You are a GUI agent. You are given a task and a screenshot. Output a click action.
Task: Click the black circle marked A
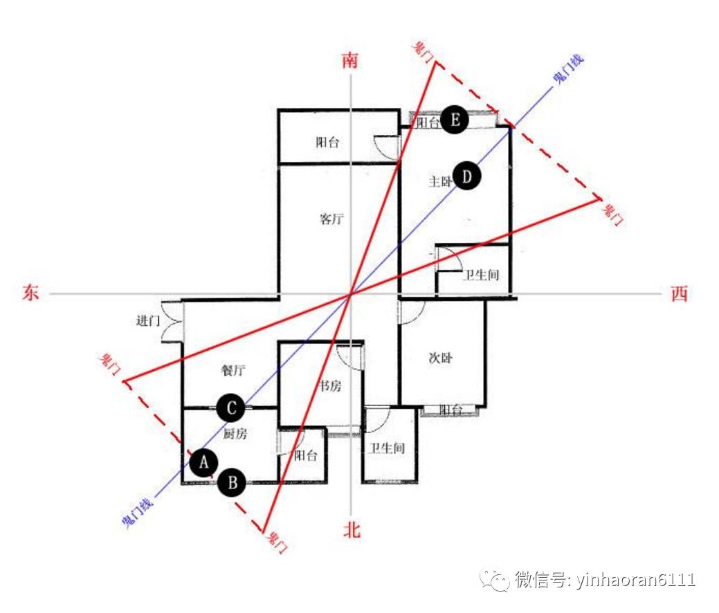coord(203,462)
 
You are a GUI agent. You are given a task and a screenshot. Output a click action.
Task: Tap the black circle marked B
coord(232,482)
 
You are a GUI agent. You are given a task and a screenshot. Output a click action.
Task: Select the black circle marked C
coord(230,408)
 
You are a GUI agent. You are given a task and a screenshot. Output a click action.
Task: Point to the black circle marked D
coord(467,177)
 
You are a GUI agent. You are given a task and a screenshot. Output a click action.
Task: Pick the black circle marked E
coord(455,120)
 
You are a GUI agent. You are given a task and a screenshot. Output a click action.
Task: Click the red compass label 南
coord(351,60)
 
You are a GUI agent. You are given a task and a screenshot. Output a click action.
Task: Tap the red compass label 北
coord(352,531)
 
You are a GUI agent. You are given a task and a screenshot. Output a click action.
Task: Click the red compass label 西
coord(680,294)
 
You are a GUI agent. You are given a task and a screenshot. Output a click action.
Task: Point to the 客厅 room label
coord(331,219)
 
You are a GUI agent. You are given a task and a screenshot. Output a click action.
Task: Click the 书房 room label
coord(330,386)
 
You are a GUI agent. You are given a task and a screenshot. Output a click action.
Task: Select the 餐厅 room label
coord(233,370)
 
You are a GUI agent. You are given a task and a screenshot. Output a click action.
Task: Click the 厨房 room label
coord(235,434)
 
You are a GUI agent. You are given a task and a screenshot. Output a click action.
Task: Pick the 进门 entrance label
coord(148,320)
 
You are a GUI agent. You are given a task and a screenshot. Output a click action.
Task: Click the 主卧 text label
coord(440,182)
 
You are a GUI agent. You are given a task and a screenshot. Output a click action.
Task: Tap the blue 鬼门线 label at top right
coord(567,71)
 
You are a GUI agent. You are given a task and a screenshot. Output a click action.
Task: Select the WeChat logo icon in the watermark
coord(495,580)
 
